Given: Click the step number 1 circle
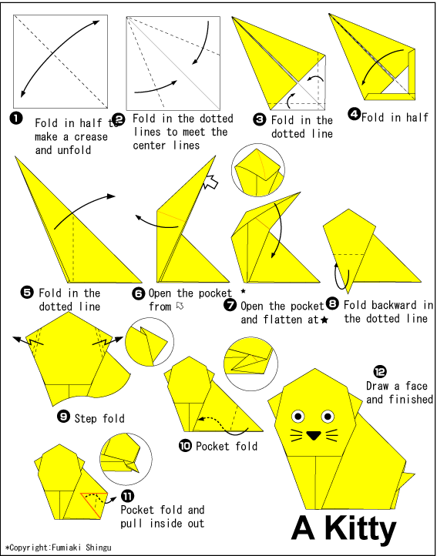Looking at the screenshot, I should pyautogui.click(x=16, y=118).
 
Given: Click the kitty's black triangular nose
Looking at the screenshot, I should pyautogui.click(x=314, y=435).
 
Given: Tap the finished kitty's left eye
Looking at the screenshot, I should pyautogui.click(x=296, y=417).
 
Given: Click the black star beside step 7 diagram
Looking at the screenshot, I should pyautogui.click(x=244, y=291).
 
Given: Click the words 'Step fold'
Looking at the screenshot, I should pyautogui.click(x=99, y=419).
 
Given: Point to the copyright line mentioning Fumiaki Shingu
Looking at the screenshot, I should pyautogui.click(x=59, y=548).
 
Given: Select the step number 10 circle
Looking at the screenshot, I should pyautogui.click(x=185, y=445).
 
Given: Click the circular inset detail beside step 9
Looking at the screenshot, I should pyautogui.click(x=150, y=341).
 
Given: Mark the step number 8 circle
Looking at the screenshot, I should pyautogui.click(x=333, y=303).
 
